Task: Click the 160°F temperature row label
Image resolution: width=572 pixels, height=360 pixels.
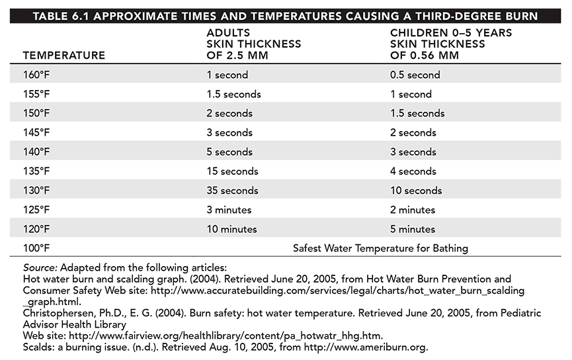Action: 36,75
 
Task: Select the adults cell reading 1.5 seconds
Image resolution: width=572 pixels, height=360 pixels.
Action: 234,94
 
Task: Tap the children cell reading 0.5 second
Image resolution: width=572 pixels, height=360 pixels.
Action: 415,75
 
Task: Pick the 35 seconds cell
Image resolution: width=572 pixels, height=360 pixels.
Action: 232,191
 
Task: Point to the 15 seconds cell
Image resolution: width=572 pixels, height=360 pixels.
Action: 232,171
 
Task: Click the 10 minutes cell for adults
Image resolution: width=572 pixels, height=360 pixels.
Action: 231,229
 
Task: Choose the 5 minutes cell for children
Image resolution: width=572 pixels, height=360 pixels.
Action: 413,229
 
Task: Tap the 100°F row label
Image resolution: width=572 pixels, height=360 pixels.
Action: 36,248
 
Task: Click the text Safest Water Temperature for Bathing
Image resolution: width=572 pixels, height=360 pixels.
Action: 380,249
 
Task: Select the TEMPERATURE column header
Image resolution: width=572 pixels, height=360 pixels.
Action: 64,56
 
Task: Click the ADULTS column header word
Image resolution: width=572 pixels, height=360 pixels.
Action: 228,33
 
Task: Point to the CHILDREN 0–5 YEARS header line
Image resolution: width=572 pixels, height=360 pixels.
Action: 451,33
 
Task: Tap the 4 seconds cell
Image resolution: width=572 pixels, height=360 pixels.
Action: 413,171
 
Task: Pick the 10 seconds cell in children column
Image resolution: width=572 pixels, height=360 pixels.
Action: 416,191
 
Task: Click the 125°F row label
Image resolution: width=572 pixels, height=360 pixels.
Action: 36,210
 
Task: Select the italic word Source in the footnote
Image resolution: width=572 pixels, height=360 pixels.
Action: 40,267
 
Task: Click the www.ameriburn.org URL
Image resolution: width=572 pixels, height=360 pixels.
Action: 366,347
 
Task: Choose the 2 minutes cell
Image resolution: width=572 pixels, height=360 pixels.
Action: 413,210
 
